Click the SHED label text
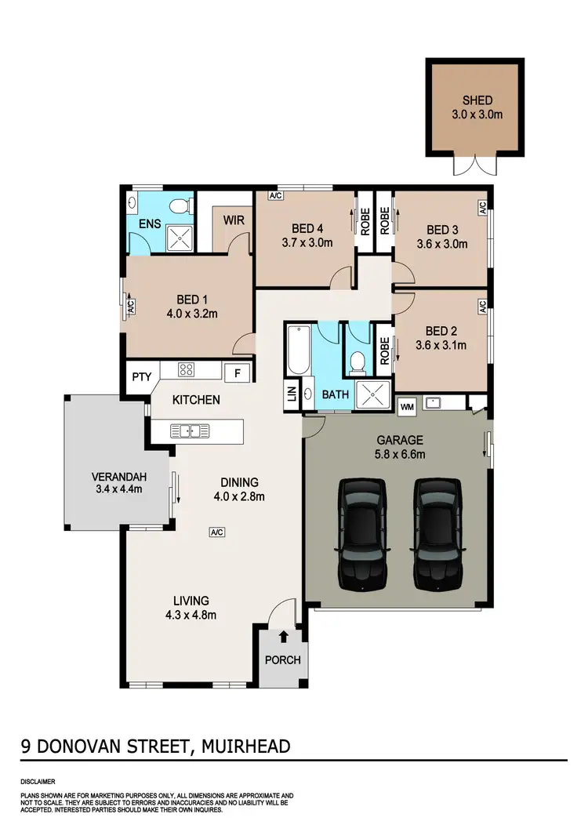pyautogui.click(x=477, y=100)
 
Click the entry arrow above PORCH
pyautogui.click(x=282, y=638)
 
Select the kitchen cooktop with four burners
pyautogui.click(x=188, y=370)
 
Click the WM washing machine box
pyautogui.click(x=407, y=407)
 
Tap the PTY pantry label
pyautogui.click(x=141, y=377)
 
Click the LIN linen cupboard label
pyautogui.click(x=292, y=394)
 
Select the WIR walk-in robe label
pyautogui.click(x=234, y=220)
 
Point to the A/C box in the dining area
pyautogui.click(x=217, y=532)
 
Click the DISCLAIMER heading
pyautogui.click(x=38, y=781)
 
